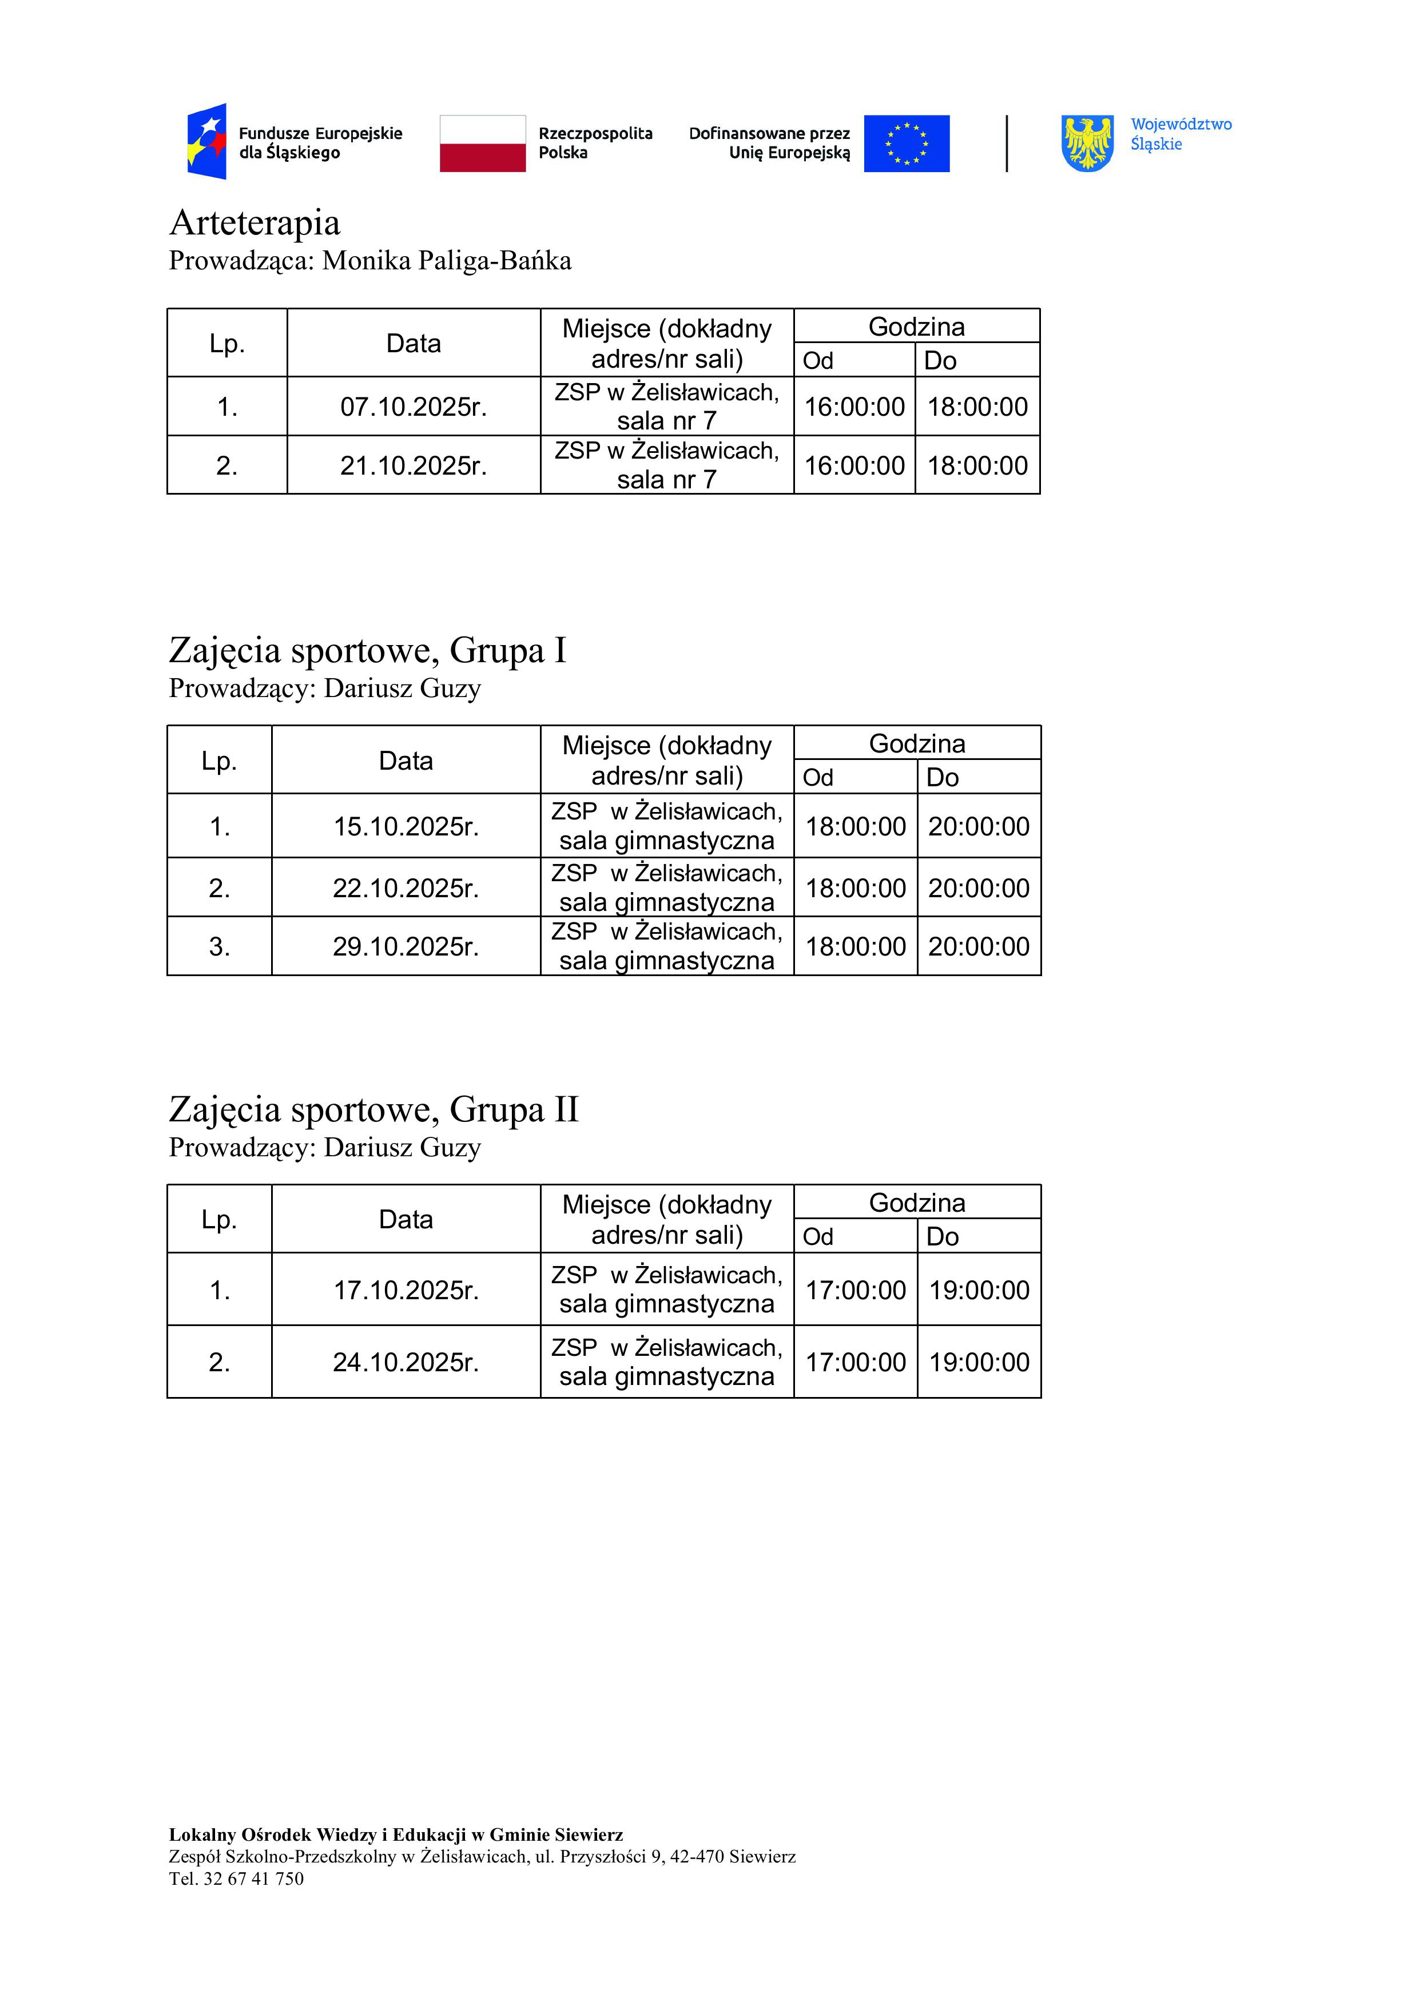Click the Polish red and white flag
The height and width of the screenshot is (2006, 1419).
click(482, 144)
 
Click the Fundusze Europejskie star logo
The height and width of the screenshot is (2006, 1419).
click(207, 142)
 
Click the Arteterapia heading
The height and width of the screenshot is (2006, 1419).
click(255, 223)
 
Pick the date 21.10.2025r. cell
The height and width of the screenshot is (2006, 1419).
click(414, 465)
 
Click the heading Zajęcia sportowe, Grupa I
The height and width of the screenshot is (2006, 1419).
click(367, 651)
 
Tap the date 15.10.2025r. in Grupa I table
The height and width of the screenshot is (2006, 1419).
click(406, 826)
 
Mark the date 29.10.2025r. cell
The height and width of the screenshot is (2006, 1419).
click(406, 947)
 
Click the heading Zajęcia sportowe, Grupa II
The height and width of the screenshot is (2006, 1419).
click(373, 1109)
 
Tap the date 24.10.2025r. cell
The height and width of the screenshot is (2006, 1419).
click(406, 1363)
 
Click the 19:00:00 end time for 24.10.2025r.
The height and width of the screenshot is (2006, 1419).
click(979, 1363)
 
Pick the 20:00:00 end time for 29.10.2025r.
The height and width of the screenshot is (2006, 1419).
click(979, 947)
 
